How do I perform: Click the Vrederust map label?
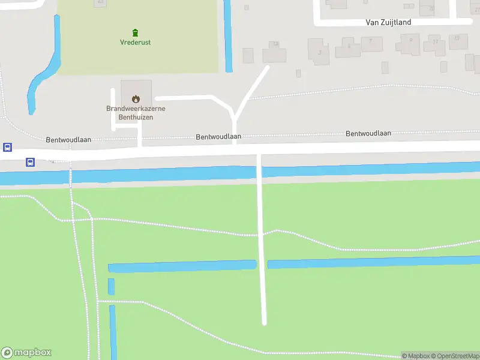click(x=136, y=42)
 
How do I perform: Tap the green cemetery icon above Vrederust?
click(x=136, y=32)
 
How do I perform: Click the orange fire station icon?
click(x=136, y=99)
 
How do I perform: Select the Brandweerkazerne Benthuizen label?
click(x=136, y=113)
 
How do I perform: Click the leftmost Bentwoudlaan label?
click(x=68, y=139)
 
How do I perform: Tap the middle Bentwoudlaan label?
click(x=218, y=137)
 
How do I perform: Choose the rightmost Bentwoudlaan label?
click(x=368, y=133)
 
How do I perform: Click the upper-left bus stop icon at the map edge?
click(x=7, y=147)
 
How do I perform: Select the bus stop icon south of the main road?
click(x=30, y=161)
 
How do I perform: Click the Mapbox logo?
click(x=26, y=353)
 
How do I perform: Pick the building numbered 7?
click(x=371, y=43)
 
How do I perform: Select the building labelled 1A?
click(x=275, y=52)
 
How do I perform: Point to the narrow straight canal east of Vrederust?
click(x=228, y=36)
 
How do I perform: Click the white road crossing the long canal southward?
click(x=262, y=240)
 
